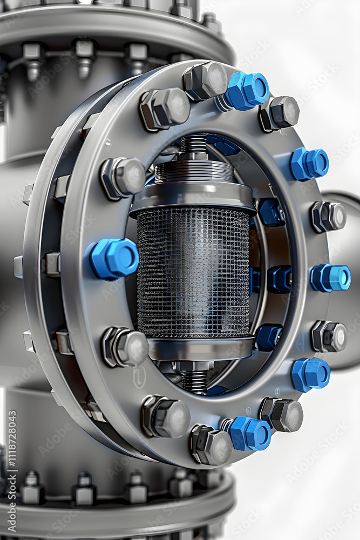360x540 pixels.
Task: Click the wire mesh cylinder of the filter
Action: pos(193,273)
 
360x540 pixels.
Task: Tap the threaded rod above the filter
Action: pos(193,146)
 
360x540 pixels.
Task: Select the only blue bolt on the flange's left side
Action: pos(114,259)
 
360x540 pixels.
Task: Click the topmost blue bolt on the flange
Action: pos(247,91)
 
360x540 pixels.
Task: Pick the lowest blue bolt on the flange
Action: pos(250,433)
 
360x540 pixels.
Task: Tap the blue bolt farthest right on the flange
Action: pos(330,278)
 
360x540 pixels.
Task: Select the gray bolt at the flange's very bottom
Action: pos(210,445)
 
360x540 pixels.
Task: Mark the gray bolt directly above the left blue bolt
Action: pos(124,177)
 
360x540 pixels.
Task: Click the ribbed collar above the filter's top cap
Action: pos(194,172)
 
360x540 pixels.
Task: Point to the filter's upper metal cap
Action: pos(193,197)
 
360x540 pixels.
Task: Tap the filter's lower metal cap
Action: pos(200,348)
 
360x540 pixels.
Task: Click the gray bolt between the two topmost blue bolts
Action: pos(279,113)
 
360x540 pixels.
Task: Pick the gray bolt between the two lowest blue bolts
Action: pos(282,415)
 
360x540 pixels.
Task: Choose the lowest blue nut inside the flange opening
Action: pos(268,337)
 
